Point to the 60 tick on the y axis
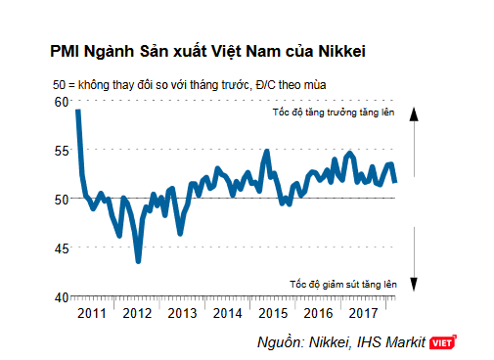coord(61,102)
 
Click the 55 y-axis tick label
coord(61,150)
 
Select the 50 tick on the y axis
coord(61,199)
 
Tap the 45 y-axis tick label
coord(61,247)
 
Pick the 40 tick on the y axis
coord(61,296)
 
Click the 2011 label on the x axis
coord(90,313)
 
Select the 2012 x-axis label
coord(136,313)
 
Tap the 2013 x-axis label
coord(182,313)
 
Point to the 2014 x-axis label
coord(228,313)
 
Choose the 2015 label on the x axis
coord(273,313)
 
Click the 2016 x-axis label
coord(319,313)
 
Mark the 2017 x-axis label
coord(365,313)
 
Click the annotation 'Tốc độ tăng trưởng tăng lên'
coord(334,114)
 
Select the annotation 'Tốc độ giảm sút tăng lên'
coord(341,284)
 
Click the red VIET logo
coord(444,341)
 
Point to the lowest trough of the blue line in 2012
coord(139,261)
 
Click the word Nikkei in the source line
coord(329,341)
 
